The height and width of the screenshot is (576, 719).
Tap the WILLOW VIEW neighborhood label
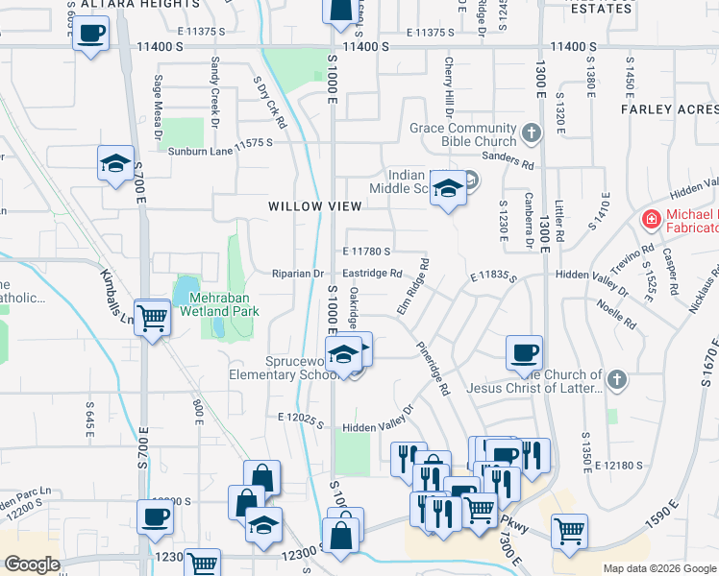pos(315,206)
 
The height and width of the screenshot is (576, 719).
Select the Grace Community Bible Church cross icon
pos(530,131)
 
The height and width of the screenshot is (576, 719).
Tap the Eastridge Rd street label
pos(372,274)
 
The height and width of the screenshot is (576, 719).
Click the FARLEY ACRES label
pos(670,109)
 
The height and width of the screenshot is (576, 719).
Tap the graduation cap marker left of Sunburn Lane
pos(115,163)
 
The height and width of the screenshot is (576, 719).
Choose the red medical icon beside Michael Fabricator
pos(651,218)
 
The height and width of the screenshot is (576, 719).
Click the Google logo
pos(32,564)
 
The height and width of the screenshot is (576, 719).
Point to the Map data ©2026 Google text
pos(659,568)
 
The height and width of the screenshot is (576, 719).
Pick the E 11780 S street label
pos(365,252)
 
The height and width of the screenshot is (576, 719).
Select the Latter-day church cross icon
pos(615,381)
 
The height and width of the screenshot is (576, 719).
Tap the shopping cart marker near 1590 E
pos(570,531)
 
